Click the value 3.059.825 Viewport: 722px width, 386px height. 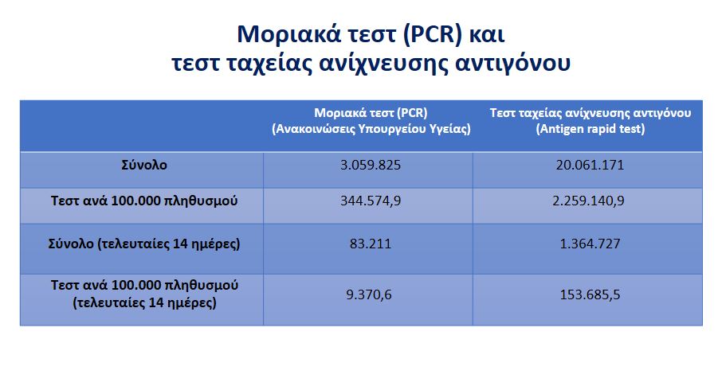pyautogui.click(x=371, y=166)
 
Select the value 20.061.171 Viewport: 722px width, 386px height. pyautogui.click(x=590, y=166)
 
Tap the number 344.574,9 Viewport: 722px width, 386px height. pyautogui.click(x=371, y=201)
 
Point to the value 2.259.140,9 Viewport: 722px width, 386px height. pyautogui.click(x=588, y=201)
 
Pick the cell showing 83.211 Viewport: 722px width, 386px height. pyautogui.click(x=371, y=244)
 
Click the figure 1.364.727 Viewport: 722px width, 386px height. pyautogui.click(x=590, y=244)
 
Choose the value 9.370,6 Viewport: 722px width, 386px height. pyautogui.click(x=369, y=294)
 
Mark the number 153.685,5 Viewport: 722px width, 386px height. pyautogui.click(x=590, y=294)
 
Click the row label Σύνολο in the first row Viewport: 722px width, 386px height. pyautogui.click(x=144, y=166)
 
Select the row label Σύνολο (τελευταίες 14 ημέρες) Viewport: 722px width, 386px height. pyautogui.click(x=144, y=244)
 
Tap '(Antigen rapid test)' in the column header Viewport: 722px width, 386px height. pyautogui.click(x=591, y=129)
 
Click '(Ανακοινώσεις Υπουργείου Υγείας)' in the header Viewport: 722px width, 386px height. pyautogui.click(x=371, y=129)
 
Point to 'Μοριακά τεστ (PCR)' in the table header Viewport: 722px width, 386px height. pyautogui.click(x=371, y=113)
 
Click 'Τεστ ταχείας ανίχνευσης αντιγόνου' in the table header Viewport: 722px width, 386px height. pyautogui.click(x=591, y=113)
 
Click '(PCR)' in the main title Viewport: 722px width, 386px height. pyautogui.click(x=433, y=34)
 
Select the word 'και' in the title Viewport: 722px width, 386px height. pyautogui.click(x=487, y=35)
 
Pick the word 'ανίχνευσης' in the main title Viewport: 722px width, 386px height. pyautogui.click(x=383, y=63)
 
